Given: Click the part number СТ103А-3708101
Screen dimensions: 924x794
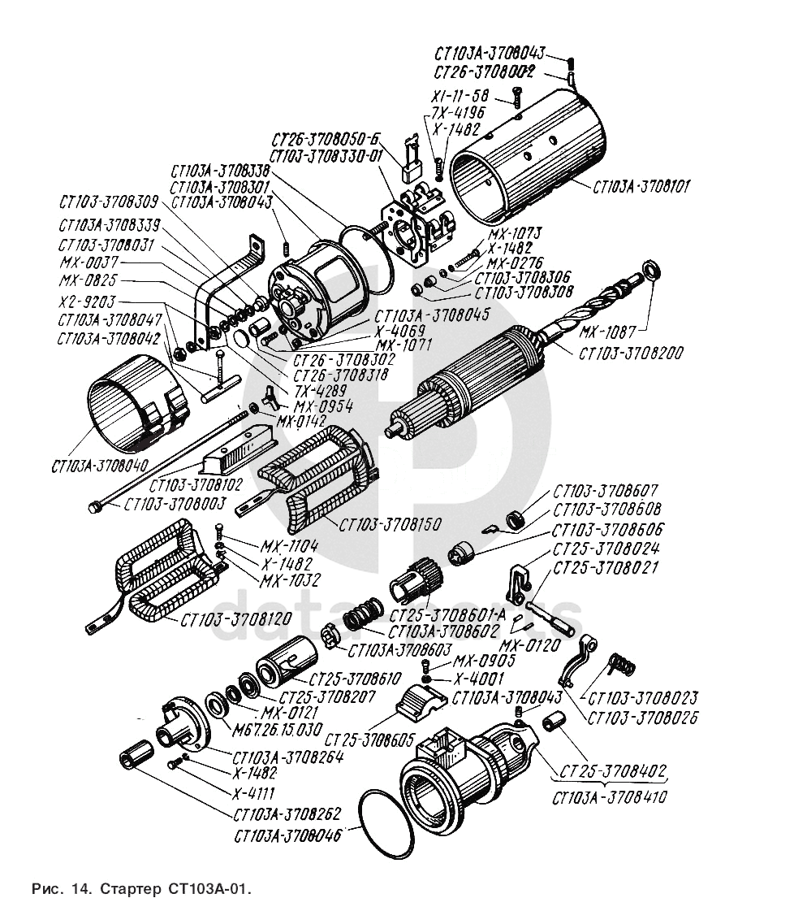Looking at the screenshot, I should click(x=641, y=187).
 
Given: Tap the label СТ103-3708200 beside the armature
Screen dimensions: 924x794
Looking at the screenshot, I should click(x=631, y=354).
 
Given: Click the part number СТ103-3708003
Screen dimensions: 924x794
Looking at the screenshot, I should click(x=175, y=504).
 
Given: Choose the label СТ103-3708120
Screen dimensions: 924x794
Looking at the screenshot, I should click(x=235, y=619).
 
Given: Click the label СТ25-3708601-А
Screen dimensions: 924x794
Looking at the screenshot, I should click(x=460, y=615).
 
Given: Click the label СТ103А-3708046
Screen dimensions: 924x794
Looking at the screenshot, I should click(x=287, y=835).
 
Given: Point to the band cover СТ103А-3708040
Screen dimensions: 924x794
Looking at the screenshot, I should click(x=130, y=406).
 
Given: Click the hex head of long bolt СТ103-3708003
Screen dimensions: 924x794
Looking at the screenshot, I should click(x=93, y=507).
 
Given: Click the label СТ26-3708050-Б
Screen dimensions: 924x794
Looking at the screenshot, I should click(x=326, y=137).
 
